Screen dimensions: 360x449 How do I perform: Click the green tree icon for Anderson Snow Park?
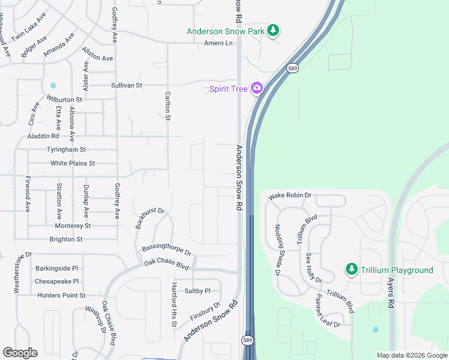[273, 31]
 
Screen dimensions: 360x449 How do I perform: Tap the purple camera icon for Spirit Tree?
[257, 89]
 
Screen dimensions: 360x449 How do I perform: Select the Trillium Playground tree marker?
[352, 270]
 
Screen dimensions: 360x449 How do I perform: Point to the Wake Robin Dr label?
[290, 196]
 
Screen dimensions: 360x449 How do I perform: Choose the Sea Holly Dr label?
[314, 268]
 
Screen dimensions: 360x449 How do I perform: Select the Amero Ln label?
[218, 43]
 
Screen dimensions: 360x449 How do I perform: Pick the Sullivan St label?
[126, 85]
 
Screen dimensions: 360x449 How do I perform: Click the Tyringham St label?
[66, 149]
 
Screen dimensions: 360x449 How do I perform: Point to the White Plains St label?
[73, 163]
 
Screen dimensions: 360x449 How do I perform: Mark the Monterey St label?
[73, 226]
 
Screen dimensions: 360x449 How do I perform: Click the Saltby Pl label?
[198, 290]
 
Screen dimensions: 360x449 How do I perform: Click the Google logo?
[20, 353]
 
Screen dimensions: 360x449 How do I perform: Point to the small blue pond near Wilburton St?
[53, 86]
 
